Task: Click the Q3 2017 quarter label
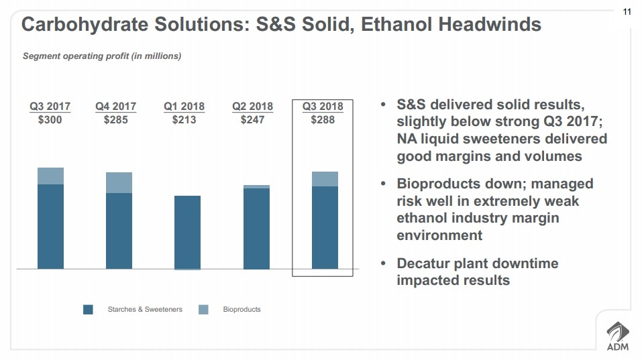pyautogui.click(x=50, y=107)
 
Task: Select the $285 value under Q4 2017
pyautogui.click(x=115, y=120)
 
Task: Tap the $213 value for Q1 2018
pyautogui.click(x=184, y=120)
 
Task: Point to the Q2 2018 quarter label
pyautogui.click(x=252, y=107)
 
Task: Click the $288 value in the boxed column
pyautogui.click(x=323, y=120)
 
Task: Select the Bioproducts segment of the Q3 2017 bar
pyautogui.click(x=50, y=176)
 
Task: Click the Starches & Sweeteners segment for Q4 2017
pyautogui.click(x=119, y=231)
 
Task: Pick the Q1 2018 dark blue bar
pyautogui.click(x=187, y=232)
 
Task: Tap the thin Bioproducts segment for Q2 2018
pyautogui.click(x=256, y=186)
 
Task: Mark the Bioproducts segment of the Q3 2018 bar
pyautogui.click(x=325, y=178)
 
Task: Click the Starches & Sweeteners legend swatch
pyautogui.click(x=88, y=310)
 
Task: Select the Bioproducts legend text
pyautogui.click(x=242, y=310)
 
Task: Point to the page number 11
pyautogui.click(x=627, y=11)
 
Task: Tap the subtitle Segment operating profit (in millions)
pyautogui.click(x=102, y=56)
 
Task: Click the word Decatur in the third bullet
pyautogui.click(x=424, y=263)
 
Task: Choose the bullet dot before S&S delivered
pyautogui.click(x=383, y=106)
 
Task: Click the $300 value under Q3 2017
pyautogui.click(x=50, y=120)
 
